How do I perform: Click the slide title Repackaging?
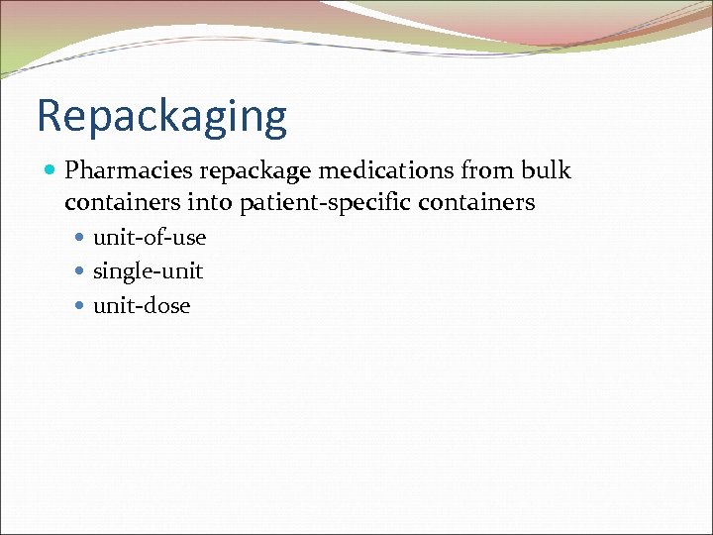point(161,117)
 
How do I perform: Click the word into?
point(209,203)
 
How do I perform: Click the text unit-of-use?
point(150,238)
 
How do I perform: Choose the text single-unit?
point(148,271)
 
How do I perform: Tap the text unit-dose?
point(142,306)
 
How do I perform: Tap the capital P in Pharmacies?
point(72,170)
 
